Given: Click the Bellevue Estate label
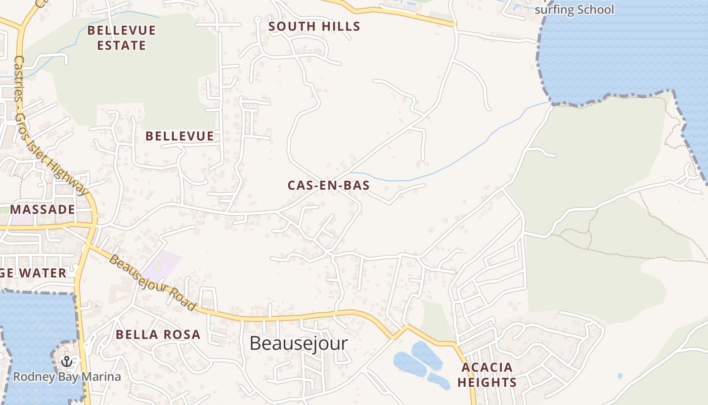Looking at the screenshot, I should coord(121,37).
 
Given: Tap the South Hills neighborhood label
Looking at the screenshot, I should coord(314,26).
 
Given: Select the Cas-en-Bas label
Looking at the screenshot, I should coord(329,185).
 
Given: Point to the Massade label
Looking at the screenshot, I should coord(42,209).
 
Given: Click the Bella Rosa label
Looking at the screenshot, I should coord(158,334).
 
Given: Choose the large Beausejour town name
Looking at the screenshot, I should coord(298,343).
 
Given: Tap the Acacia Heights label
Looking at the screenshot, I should coord(487,375).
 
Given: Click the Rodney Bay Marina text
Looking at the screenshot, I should coord(67,377).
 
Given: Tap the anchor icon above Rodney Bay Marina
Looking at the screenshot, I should coord(66,361).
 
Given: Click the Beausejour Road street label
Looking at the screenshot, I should coord(152,282).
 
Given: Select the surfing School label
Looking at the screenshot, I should coord(574,10).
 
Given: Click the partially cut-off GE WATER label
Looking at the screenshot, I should coord(33,273).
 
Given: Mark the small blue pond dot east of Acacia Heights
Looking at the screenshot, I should coord(620,376).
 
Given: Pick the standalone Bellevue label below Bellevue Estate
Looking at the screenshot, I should coord(180,136).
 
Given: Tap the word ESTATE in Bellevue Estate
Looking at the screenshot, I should coord(121,45).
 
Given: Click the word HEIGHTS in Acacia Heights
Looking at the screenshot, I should coord(487,382).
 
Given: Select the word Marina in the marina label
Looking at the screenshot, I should coord(103,377).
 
